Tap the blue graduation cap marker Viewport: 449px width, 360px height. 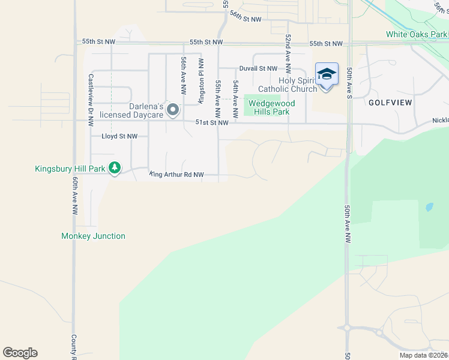click(x=327, y=75)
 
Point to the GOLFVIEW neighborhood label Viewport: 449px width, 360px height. click(x=390, y=103)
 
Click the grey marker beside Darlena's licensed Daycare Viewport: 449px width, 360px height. click(x=173, y=109)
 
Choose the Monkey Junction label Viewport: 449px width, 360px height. click(x=93, y=236)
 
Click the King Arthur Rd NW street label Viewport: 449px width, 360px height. click(x=177, y=175)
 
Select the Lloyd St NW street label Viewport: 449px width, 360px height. click(x=119, y=136)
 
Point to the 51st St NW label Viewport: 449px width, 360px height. click(x=211, y=122)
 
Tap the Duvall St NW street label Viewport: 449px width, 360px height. click(x=258, y=69)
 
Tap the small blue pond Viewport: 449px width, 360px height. click(x=428, y=208)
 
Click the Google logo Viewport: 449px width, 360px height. click(x=20, y=353)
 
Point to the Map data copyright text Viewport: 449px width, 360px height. click(x=423, y=355)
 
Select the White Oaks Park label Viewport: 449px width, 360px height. click(x=417, y=34)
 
